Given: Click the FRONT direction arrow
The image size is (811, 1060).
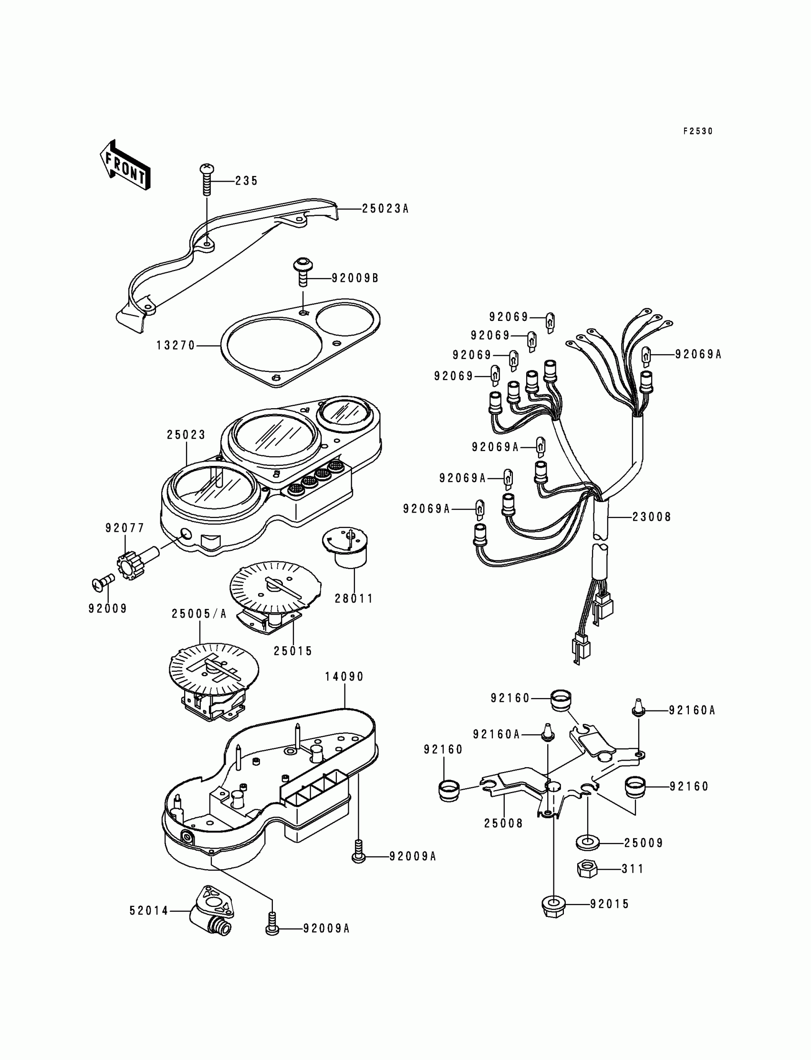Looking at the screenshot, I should click(125, 165).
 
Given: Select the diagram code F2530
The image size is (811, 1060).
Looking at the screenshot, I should click(697, 131).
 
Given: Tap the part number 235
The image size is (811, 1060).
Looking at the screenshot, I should click(247, 181).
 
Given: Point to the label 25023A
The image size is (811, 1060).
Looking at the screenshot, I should click(385, 208).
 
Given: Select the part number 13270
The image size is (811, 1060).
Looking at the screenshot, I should click(176, 345).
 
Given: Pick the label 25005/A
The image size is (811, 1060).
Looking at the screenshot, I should click(199, 614).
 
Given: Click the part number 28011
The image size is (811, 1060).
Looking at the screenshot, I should click(354, 599).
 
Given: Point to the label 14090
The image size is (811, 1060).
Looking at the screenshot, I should click(344, 677).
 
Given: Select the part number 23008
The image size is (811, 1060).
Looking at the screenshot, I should click(652, 517).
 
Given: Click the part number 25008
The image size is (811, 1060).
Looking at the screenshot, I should click(503, 823).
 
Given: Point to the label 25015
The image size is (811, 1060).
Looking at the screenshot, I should click(293, 651).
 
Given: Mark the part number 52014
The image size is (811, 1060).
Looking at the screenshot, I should click(149, 910).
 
